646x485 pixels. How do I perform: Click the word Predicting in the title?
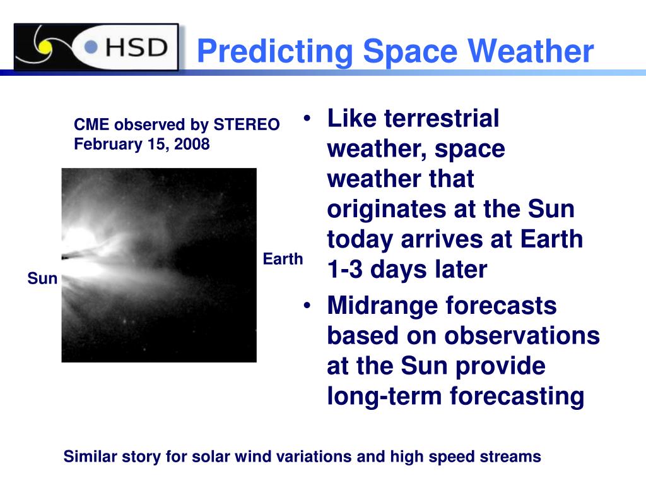click(275, 52)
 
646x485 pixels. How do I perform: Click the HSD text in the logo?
click(137, 47)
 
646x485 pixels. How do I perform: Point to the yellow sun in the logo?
click(45, 47)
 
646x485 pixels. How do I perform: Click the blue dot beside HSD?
click(91, 47)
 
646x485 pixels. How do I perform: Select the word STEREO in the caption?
click(247, 124)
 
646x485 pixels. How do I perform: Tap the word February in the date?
click(109, 145)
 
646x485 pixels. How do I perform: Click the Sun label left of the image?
click(42, 278)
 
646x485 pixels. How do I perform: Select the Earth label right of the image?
click(283, 259)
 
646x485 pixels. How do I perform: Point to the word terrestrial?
click(442, 118)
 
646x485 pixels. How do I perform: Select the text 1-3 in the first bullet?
click(345, 269)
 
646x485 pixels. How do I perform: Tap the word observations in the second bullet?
click(522, 336)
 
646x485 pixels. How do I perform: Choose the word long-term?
click(384, 396)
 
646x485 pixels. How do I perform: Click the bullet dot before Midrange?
click(307, 306)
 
